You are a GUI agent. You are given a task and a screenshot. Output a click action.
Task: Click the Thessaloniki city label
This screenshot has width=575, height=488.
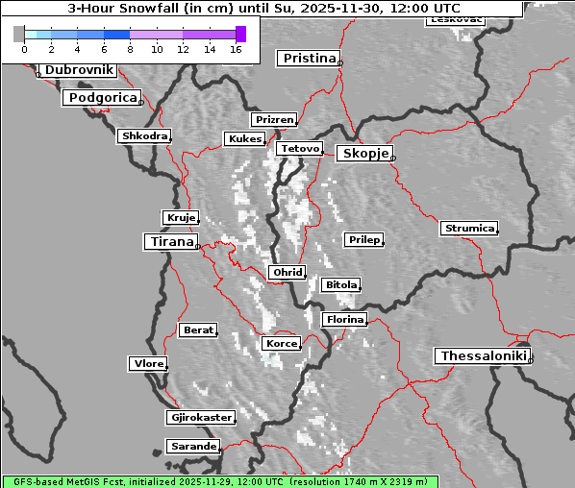(x=484, y=356)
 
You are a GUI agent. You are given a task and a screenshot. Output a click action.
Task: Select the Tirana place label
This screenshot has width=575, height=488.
(x=171, y=242)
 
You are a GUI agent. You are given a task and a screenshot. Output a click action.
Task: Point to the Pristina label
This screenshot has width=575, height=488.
(x=310, y=59)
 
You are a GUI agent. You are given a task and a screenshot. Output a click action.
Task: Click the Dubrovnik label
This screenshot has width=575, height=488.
(x=79, y=70)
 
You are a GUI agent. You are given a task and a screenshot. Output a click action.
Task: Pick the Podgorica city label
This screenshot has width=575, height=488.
(x=102, y=98)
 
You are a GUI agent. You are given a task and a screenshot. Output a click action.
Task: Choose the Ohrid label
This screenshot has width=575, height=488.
(x=287, y=273)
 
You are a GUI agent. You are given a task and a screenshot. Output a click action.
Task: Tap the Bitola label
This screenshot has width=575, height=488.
(x=340, y=285)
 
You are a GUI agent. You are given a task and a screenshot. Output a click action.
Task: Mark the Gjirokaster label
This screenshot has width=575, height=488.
(x=200, y=418)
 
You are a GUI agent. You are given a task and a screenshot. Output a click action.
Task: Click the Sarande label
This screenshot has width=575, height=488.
(x=192, y=447)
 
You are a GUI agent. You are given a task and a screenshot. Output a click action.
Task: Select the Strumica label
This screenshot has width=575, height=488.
(x=469, y=229)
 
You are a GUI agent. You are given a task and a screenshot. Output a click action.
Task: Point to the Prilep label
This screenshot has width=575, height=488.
(x=364, y=239)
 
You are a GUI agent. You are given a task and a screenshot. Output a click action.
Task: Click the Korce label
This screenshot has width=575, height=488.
(x=281, y=343)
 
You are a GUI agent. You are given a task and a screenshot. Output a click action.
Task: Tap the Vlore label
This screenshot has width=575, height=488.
(x=147, y=364)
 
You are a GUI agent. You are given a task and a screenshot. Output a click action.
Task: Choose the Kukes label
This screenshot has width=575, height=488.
(x=243, y=139)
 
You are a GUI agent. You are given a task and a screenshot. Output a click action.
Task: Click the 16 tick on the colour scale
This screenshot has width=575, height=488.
(x=235, y=48)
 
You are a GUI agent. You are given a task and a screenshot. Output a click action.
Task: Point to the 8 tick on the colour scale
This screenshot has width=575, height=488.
(x=130, y=48)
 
